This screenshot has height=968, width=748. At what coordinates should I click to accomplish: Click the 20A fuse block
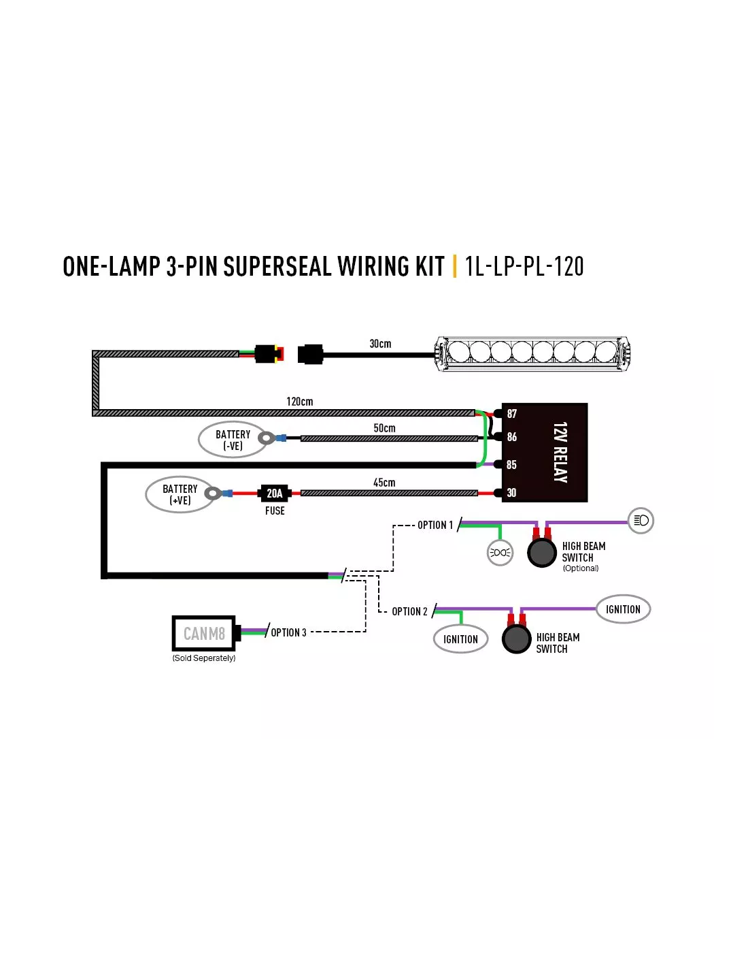pos(274,493)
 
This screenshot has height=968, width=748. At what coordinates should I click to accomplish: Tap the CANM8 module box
pos(204,633)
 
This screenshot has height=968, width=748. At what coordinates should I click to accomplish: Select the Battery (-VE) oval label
pos(233,439)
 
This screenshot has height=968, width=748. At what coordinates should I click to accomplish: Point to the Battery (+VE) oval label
pos(180,494)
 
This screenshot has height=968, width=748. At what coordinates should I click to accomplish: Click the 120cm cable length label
pos(299,402)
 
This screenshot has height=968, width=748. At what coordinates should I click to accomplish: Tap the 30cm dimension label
pos(380,344)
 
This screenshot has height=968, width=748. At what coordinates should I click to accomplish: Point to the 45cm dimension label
pos(384,483)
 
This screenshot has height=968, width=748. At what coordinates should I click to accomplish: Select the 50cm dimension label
pos(384,428)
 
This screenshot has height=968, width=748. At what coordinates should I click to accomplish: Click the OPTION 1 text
pos(435,526)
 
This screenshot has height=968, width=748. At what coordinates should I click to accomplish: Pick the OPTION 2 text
pos(409,611)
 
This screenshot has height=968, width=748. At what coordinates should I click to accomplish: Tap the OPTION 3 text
pos(288,632)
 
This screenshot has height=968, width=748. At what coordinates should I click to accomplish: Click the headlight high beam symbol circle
pos(641,520)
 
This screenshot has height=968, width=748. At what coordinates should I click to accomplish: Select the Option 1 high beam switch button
pos(541,553)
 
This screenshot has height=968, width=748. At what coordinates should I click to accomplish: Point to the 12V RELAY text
pos(560,452)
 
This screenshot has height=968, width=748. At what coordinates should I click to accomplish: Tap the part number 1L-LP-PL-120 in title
pos(524,266)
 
